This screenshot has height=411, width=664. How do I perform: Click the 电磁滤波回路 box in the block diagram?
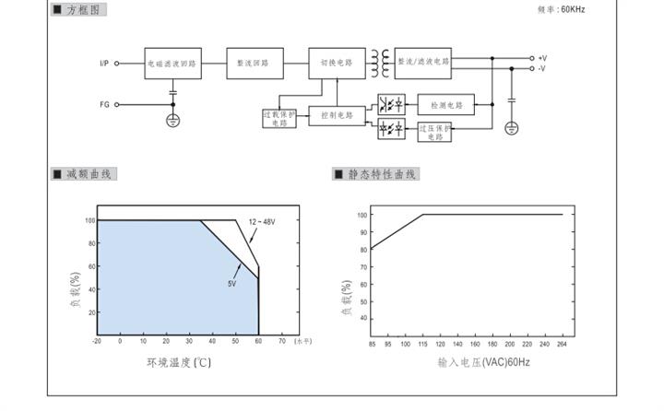(x=172, y=64)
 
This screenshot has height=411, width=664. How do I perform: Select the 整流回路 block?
(x=253, y=64)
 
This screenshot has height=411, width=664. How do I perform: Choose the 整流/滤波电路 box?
(x=423, y=63)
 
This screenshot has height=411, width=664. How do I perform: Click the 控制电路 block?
(x=338, y=116)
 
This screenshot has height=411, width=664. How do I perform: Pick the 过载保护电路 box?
(x=279, y=119)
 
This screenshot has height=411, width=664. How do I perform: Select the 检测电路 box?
(x=446, y=104)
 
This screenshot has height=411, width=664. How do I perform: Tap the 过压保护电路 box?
(x=435, y=130)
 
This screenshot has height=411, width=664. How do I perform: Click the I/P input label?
(x=104, y=64)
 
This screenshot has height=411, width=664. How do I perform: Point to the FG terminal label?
(x=104, y=104)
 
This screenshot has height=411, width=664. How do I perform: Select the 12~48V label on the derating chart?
(x=262, y=222)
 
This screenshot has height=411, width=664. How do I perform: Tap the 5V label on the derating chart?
(x=232, y=283)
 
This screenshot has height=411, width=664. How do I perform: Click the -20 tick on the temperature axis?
(x=97, y=341)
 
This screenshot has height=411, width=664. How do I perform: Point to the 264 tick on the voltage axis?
(x=562, y=345)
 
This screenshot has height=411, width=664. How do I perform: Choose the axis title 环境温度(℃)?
(x=179, y=362)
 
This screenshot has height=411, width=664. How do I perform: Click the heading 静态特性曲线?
(x=382, y=174)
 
